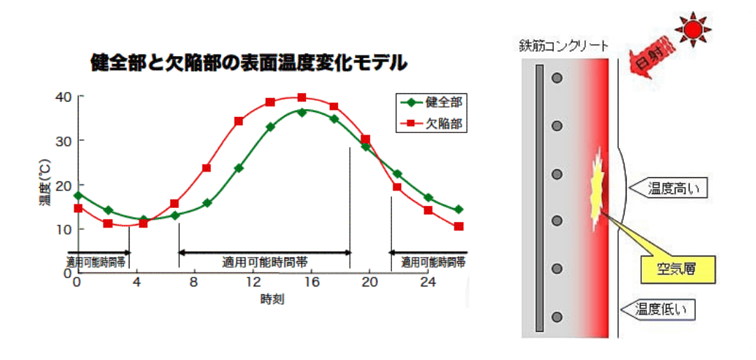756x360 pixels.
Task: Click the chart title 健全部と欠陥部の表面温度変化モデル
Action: [x=248, y=64]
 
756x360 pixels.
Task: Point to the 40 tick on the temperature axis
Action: [x=63, y=96]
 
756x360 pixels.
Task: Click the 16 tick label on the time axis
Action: [x=311, y=282]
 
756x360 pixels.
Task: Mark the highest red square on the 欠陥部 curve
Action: [x=302, y=97]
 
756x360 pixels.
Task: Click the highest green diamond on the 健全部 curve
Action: [x=302, y=112]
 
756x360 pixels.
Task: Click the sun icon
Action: [x=692, y=29]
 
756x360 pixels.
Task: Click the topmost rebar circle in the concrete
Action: [x=557, y=78]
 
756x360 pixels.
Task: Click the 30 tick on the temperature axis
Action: [x=63, y=140]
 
